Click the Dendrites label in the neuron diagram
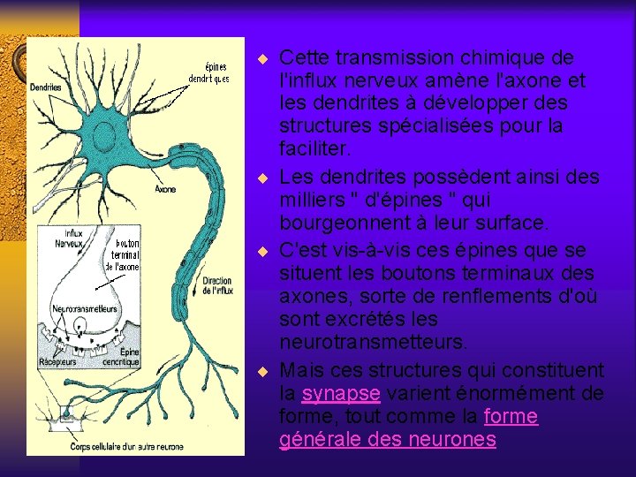[x=45, y=87]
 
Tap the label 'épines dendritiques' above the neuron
[x=208, y=72]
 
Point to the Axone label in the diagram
[x=165, y=188]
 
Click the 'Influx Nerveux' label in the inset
[x=69, y=238]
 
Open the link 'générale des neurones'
[x=388, y=439]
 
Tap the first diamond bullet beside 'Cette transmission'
[x=261, y=60]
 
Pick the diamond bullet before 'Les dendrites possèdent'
[x=261, y=176]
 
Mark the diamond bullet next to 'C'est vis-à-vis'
[x=261, y=251]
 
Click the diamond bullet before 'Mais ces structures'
[x=261, y=370]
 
